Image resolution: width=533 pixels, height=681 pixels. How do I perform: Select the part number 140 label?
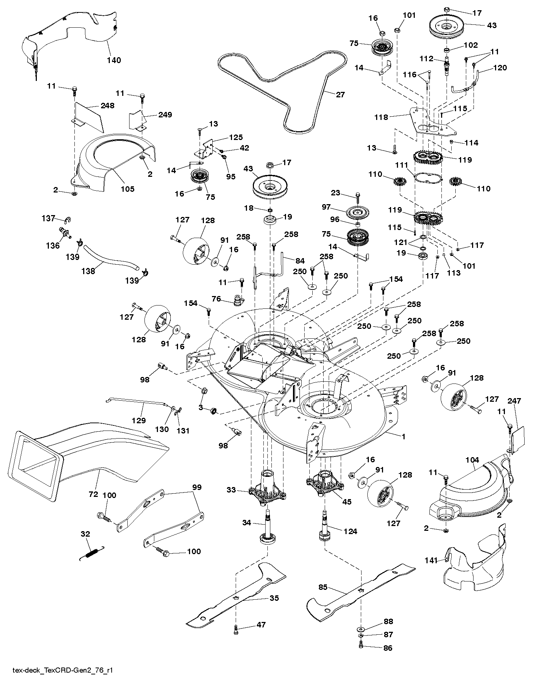(x=114, y=60)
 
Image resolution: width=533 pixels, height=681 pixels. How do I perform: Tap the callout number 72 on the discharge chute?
(x=93, y=494)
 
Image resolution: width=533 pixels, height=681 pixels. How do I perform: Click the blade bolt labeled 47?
(x=236, y=628)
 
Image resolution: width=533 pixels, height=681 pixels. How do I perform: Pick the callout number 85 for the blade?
(x=323, y=587)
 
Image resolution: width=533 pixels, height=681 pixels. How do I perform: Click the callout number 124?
(x=350, y=531)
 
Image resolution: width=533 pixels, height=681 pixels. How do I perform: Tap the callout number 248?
(x=108, y=106)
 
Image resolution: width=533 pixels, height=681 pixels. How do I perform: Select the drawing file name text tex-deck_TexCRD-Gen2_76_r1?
(x=60, y=670)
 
